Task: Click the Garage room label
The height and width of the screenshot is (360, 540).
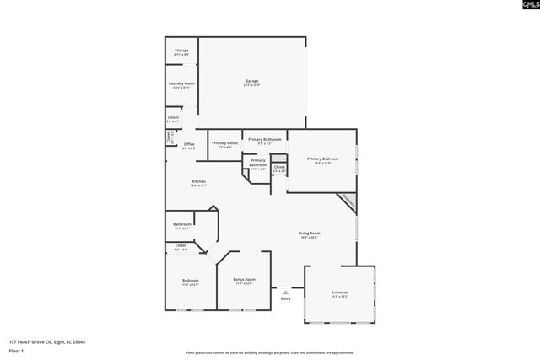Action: [251, 82]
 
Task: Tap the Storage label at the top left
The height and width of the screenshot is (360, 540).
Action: [181, 52]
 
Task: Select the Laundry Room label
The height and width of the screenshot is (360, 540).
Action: [181, 84]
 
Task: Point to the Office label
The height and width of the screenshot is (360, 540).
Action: [189, 146]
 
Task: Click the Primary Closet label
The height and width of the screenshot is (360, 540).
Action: [224, 144]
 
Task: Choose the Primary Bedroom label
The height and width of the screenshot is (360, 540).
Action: [322, 160]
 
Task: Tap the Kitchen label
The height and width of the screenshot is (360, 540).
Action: [198, 182]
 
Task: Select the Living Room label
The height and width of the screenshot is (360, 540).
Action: [310, 234]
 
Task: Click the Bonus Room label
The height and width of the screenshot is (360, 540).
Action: [244, 280]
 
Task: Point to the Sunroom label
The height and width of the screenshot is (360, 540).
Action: [339, 293]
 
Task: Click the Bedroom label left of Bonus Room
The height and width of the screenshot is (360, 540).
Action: [190, 282]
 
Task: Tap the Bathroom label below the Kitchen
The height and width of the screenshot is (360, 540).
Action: [182, 225]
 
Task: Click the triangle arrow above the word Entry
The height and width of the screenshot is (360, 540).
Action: [285, 292]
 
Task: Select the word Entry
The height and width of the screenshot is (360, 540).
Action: [285, 298]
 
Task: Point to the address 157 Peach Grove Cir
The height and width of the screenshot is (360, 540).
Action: [46, 341]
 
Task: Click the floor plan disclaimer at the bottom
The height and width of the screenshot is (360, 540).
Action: [269, 352]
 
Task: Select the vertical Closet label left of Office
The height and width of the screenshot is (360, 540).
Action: [170, 137]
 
